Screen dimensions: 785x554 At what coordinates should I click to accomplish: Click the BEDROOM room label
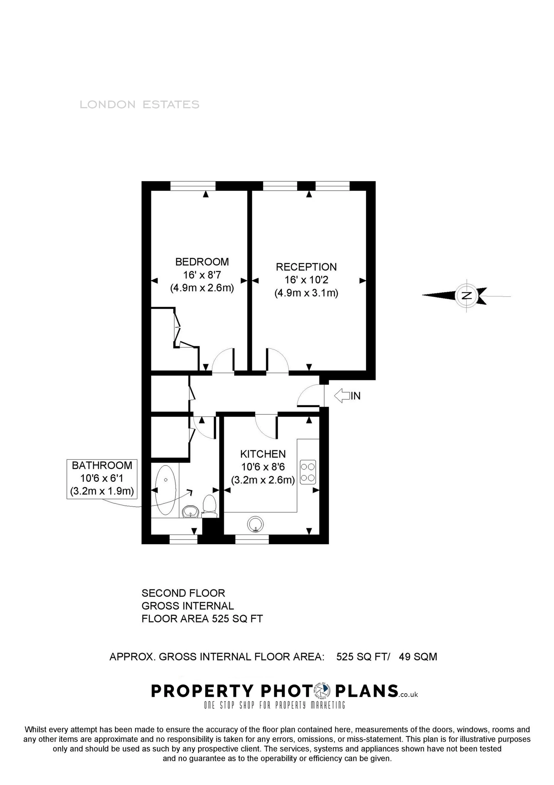pyautogui.click(x=202, y=262)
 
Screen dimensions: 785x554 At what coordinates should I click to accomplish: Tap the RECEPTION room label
pyautogui.click(x=306, y=267)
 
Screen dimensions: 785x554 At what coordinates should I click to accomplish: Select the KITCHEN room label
pyautogui.click(x=263, y=454)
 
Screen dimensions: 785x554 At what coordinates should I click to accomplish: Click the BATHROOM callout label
pyautogui.click(x=102, y=465)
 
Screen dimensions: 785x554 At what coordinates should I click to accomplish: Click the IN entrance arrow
pyautogui.click(x=346, y=396)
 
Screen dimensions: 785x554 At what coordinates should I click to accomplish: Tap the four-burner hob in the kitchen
pyautogui.click(x=308, y=472)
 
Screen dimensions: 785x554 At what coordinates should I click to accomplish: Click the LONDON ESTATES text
pyautogui.click(x=139, y=105)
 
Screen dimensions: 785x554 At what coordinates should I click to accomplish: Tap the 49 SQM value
pyautogui.click(x=418, y=657)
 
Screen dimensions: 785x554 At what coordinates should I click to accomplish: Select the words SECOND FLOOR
pyautogui.click(x=183, y=593)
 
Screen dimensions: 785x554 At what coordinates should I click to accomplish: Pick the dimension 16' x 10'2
pyautogui.click(x=306, y=280)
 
